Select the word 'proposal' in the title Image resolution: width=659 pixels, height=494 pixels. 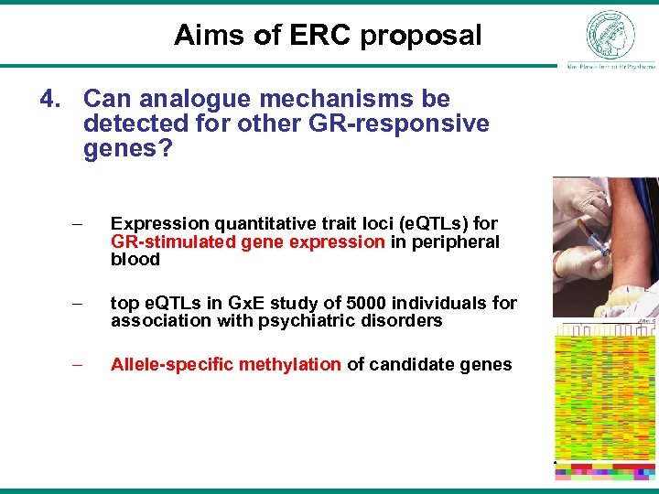point(420,36)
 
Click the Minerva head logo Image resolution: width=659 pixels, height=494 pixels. point(610,34)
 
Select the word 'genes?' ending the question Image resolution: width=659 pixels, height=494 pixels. point(127,148)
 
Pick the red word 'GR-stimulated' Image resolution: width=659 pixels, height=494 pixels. point(172,242)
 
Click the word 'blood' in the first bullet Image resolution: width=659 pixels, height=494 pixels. point(135,260)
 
